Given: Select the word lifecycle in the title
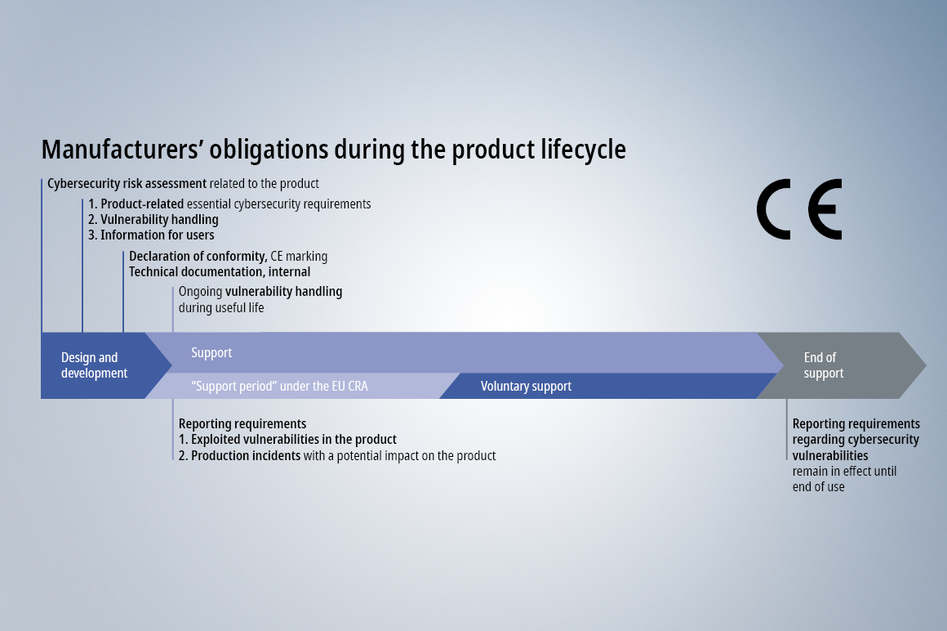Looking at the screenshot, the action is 584,150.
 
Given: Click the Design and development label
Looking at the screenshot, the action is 94,365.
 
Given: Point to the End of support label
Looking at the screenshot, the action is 823,365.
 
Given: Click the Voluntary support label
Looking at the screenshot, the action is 526,387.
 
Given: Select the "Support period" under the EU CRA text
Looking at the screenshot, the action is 280,387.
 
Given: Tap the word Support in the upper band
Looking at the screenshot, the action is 211,352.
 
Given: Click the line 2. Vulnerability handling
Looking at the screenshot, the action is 153,219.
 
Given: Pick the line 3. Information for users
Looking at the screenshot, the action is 151,235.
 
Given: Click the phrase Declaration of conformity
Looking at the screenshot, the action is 198,257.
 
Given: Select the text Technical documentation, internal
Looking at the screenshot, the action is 220,272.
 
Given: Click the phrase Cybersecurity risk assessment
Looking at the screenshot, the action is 127,184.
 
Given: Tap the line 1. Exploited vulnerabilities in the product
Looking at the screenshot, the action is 287,440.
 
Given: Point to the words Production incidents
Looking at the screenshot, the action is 246,456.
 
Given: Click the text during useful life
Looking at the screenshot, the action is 221,307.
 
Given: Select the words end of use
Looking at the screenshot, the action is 818,487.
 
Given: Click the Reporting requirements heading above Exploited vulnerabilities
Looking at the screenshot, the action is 242,423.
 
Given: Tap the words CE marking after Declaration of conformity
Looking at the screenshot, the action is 299,257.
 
